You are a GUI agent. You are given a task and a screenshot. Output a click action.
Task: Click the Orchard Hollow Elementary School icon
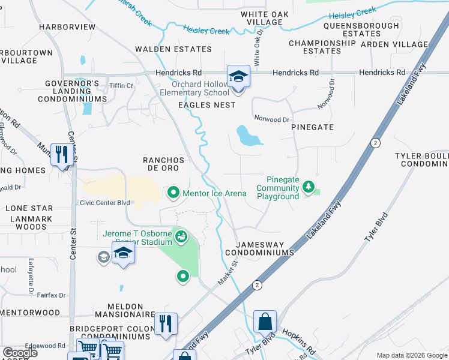tap(238, 77)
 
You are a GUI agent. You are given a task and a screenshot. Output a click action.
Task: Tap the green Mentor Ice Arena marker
tap(173, 193)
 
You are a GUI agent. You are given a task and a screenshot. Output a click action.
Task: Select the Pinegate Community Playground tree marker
tap(309, 188)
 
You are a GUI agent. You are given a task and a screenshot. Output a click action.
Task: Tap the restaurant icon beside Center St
tap(62, 155)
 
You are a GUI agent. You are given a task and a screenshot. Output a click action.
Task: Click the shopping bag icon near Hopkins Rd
tap(265, 322)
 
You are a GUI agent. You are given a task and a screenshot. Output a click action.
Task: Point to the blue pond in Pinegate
tap(248, 136)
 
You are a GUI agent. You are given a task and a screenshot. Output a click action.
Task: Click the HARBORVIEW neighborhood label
tap(67, 27)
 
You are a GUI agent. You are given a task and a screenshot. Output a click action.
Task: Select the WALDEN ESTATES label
tap(173, 49)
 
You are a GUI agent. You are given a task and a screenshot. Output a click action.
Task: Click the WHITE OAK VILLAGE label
tap(261, 18)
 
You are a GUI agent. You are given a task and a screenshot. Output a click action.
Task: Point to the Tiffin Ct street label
tap(121, 86)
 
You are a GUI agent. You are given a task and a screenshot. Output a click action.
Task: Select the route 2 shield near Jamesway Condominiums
tap(256, 284)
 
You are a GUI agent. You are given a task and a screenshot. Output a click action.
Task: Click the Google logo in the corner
tap(20, 353)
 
